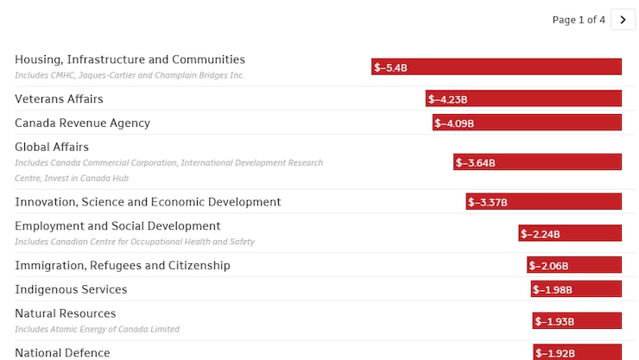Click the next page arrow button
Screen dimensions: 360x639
click(x=623, y=20)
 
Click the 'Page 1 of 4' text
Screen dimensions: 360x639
click(x=579, y=20)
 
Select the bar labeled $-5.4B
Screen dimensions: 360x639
click(x=497, y=67)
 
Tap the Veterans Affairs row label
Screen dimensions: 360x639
click(x=59, y=99)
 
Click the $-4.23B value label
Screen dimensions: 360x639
click(x=448, y=99)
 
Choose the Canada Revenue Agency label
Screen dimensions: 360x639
click(x=82, y=123)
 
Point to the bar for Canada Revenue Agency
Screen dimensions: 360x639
click(x=527, y=123)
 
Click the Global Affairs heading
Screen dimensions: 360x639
click(x=52, y=148)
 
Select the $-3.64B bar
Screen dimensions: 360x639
click(x=537, y=162)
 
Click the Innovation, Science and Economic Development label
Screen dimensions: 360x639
click(x=148, y=202)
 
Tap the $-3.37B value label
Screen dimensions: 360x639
click(x=488, y=202)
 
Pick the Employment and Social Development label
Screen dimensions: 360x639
click(x=117, y=226)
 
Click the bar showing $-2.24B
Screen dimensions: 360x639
click(x=570, y=233)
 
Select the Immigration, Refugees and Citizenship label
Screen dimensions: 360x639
click(x=123, y=266)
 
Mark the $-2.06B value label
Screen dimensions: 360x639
click(x=549, y=266)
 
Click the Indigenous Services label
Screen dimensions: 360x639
click(x=71, y=290)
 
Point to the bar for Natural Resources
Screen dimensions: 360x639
click(x=577, y=321)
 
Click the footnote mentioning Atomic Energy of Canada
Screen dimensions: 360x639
click(x=97, y=329)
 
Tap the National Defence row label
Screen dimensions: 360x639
click(x=62, y=352)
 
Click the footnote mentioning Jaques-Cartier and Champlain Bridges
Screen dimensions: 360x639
click(x=130, y=75)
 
